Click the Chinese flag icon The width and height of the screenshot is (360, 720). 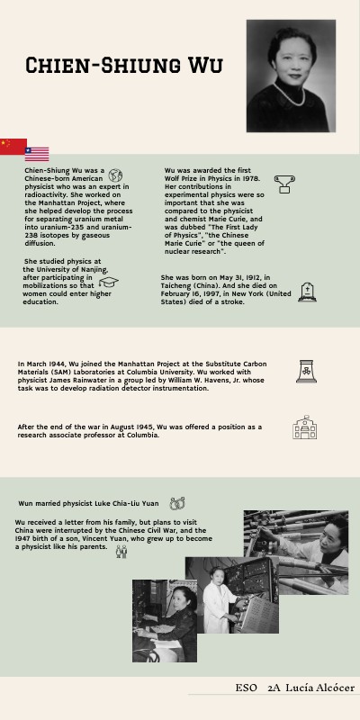13,147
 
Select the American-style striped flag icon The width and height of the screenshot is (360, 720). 37,154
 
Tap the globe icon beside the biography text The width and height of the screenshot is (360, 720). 115,176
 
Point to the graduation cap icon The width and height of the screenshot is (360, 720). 109,283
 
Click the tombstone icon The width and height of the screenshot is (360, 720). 307,292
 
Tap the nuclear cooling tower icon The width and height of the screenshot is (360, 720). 304,371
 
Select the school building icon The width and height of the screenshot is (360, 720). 304,427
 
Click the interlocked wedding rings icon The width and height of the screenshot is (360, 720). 178,503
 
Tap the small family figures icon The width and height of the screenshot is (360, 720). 121,551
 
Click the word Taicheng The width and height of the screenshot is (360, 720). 178,293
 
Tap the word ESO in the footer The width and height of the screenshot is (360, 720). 247,688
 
